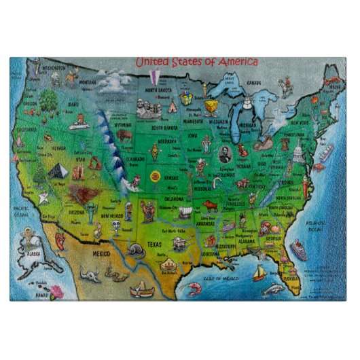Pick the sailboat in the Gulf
click(259, 273)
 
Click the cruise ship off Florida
click(300, 249)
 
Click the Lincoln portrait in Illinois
click(224, 154)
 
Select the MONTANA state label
click(88, 82)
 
